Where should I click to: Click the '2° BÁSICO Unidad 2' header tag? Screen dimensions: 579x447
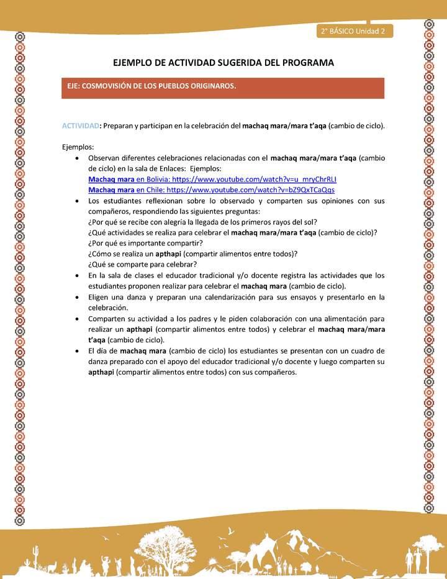coord(353,31)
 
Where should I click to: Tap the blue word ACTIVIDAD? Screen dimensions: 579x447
coord(80,125)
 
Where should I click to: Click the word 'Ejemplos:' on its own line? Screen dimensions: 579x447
coord(78,147)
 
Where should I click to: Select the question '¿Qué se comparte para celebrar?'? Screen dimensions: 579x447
coord(142,263)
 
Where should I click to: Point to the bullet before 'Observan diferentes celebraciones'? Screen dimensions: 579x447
coord(76,158)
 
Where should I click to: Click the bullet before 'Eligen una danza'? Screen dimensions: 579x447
coord(76,297)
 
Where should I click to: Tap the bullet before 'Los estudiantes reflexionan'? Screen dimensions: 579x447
coord(76,201)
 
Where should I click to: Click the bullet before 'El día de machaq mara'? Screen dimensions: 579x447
coord(76,350)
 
